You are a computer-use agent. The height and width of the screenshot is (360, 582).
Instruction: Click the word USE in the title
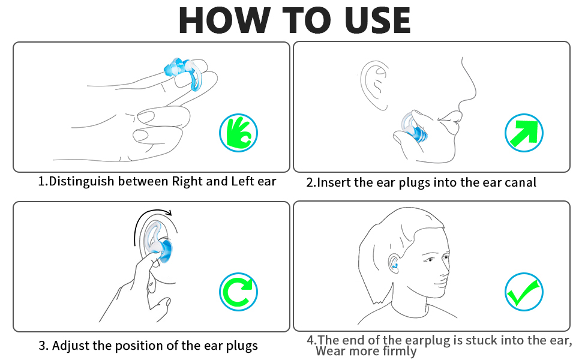pos(377,20)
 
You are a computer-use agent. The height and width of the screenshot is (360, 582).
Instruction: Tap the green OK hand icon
pos(238,133)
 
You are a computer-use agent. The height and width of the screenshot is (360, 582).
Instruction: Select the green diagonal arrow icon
pos(524,133)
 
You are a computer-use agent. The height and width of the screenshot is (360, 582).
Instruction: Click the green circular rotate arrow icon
pos(238,292)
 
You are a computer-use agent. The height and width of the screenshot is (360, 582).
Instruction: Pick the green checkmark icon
pos(524,292)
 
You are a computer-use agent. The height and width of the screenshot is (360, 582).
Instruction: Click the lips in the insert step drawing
pos(450,120)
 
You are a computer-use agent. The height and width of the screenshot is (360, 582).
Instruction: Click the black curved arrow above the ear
pos(148,223)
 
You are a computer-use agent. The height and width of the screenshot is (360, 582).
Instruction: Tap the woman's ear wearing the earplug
pos(394,263)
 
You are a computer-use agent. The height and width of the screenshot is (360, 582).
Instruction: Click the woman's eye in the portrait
pos(430,259)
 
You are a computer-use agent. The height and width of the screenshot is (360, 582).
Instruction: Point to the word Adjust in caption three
pos(71,346)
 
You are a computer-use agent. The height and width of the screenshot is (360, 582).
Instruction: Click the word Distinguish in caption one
pos(81,181)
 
